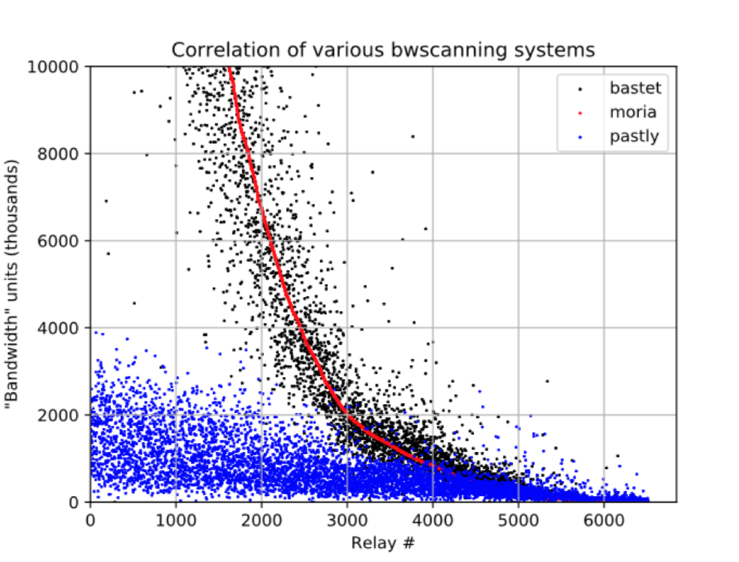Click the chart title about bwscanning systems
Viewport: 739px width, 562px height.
[383, 49]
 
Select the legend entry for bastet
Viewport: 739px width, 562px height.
[635, 88]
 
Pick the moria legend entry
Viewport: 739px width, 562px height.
[632, 112]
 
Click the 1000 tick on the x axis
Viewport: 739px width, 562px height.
[176, 519]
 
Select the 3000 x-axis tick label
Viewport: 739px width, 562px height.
[347, 519]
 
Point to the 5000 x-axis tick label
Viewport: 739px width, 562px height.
[518, 519]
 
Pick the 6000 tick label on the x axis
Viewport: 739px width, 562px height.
[604, 519]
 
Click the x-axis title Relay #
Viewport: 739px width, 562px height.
[383, 540]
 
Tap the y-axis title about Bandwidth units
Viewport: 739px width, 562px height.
[12, 284]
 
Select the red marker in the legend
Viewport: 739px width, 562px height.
[580, 113]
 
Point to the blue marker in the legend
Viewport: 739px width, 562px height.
[580, 136]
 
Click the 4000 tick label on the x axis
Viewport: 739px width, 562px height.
[433, 519]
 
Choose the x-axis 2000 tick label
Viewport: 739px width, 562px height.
[261, 519]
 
